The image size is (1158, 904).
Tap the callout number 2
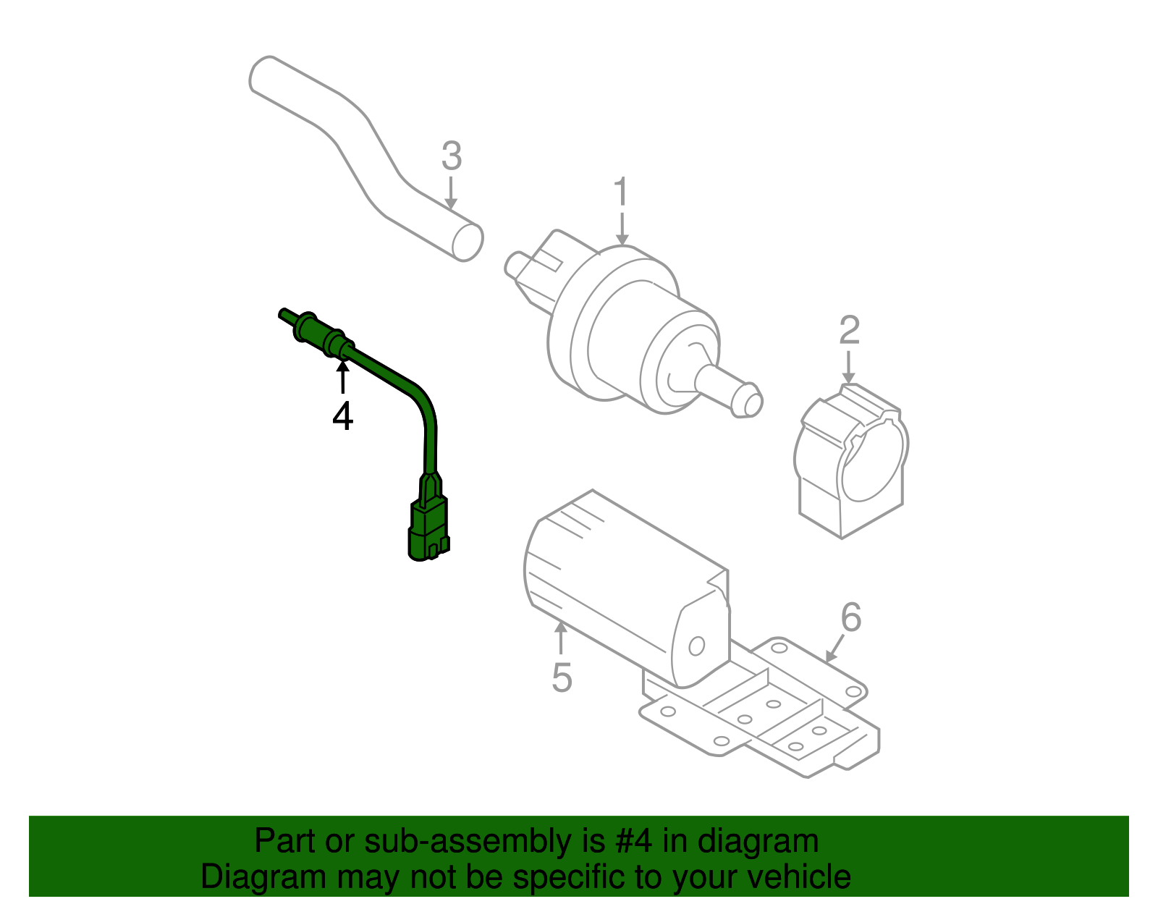coord(849,330)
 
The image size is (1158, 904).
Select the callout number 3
coord(451,156)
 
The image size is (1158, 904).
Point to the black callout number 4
coord(342,416)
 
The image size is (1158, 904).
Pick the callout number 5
coord(562,677)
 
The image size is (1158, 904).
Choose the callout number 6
coord(851,617)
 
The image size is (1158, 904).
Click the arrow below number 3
coord(451,194)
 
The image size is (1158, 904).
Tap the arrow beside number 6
coord(834,648)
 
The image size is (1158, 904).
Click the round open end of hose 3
coord(468,242)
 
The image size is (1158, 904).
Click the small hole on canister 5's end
coord(696,645)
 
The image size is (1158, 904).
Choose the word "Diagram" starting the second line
coord(263,876)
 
